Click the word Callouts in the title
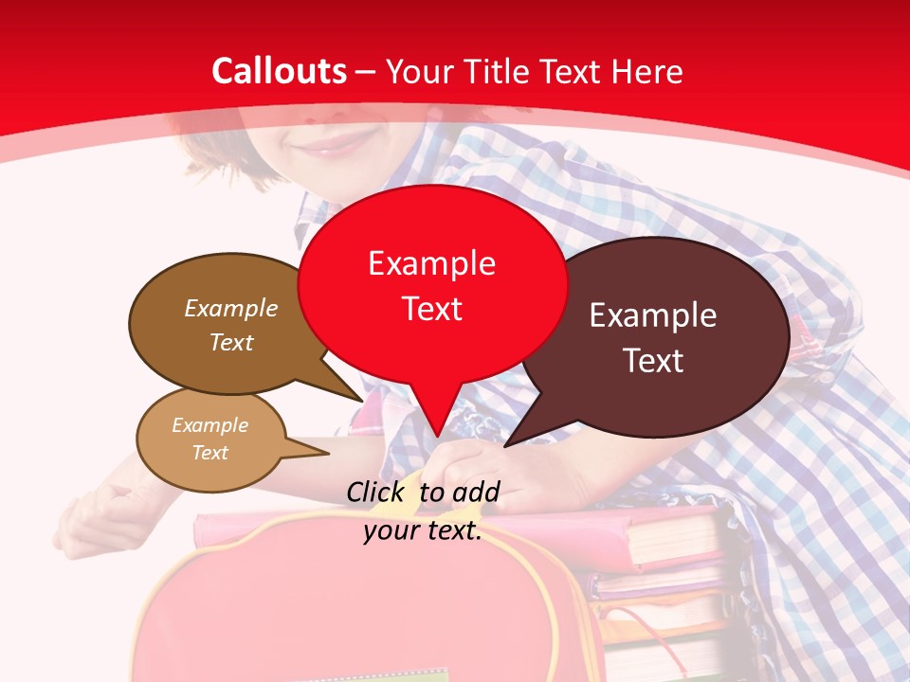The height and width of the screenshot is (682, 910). tap(279, 71)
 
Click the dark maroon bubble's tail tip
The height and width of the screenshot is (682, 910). tap(505, 445)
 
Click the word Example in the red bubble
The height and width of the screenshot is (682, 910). tap(431, 263)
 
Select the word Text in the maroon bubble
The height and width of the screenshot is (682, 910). tap(653, 361)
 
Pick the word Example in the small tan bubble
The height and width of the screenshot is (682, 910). tap(209, 425)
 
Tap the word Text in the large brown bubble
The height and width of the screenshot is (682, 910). tap(231, 343)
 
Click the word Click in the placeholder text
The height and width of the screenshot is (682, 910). tap(378, 492)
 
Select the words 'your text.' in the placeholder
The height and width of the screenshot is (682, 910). tap(423, 530)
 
